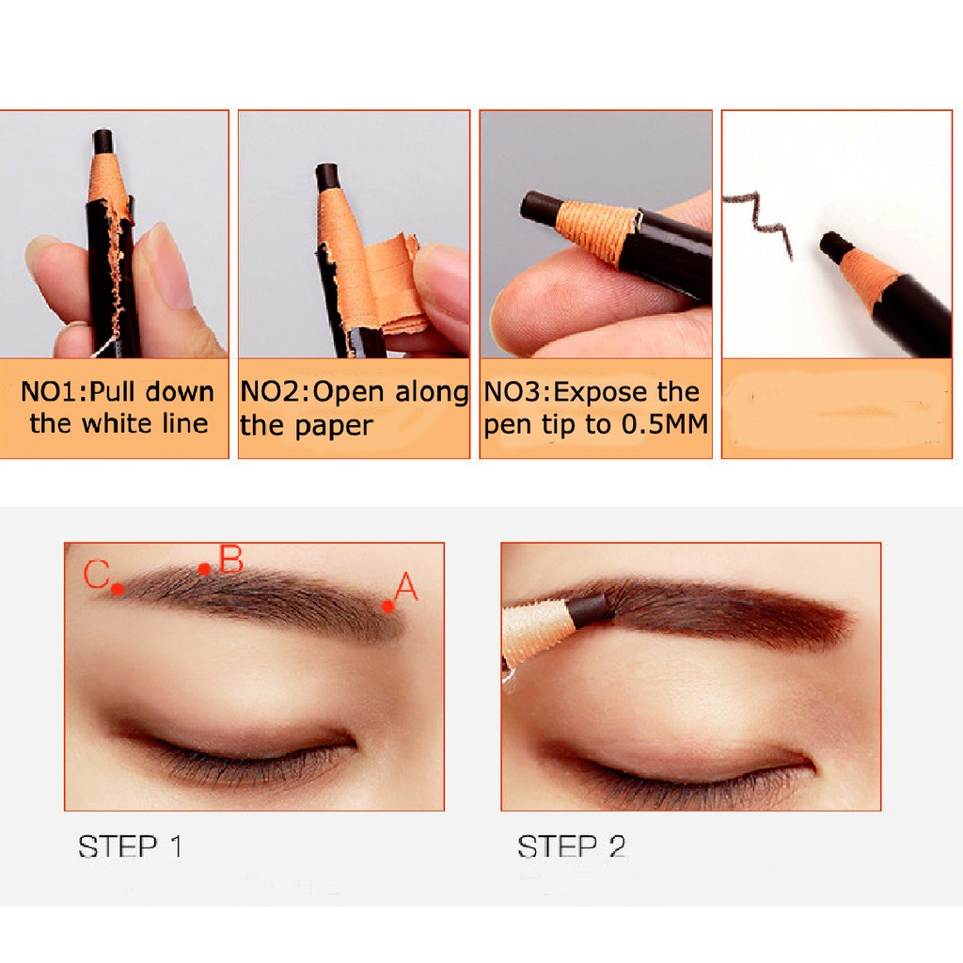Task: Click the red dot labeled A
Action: [x=387, y=607]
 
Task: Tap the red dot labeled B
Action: [x=204, y=569]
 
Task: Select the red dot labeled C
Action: [x=118, y=589]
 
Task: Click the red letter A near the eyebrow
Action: [x=406, y=587]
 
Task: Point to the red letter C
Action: [x=97, y=575]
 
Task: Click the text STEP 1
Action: [x=130, y=846]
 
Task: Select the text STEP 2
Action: [x=571, y=846]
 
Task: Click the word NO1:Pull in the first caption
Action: [x=77, y=392]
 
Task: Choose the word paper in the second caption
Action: [x=334, y=426]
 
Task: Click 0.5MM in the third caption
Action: [x=665, y=424]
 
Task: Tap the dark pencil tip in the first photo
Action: [x=103, y=142]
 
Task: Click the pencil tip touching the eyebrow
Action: [x=591, y=609]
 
